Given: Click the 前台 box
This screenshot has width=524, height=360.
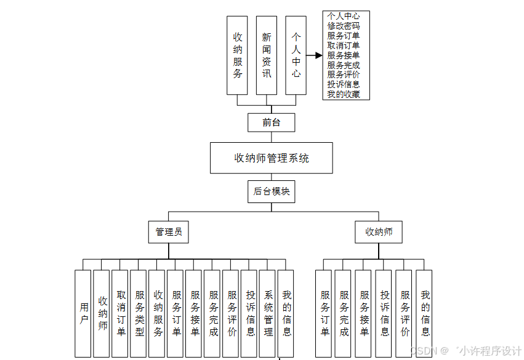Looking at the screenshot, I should click(271, 122).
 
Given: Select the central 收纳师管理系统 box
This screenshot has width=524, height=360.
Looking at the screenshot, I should click(271, 158).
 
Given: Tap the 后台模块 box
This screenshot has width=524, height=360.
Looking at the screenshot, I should click(271, 191).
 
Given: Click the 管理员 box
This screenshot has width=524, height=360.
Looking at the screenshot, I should click(168, 232).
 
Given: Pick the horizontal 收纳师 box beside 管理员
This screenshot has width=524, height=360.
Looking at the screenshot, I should click(379, 232).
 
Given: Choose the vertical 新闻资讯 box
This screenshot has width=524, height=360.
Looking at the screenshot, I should click(267, 55).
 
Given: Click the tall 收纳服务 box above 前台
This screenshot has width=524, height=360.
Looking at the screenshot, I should click(238, 55).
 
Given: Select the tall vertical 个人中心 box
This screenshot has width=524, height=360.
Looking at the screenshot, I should click(296, 55).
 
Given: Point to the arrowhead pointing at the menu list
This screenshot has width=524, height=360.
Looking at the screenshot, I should click(318, 55).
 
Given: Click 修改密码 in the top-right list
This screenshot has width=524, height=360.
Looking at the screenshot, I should click(344, 26).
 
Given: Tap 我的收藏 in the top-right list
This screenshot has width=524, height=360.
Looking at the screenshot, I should click(344, 94).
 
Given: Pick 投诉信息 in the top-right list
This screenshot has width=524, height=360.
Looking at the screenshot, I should click(344, 84).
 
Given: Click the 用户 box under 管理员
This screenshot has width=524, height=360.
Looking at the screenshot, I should click(83, 313).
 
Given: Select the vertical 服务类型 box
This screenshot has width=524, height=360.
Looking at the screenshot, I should click(139, 313).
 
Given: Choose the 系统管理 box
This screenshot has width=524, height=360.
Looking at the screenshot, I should click(268, 313).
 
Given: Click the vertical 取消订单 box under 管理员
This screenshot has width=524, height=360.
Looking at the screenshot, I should click(120, 313).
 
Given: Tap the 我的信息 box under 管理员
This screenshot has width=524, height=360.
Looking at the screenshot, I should click(286, 313).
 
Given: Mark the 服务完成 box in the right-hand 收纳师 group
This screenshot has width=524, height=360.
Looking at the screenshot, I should click(344, 313).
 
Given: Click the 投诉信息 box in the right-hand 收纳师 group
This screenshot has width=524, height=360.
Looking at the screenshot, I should click(384, 313).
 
